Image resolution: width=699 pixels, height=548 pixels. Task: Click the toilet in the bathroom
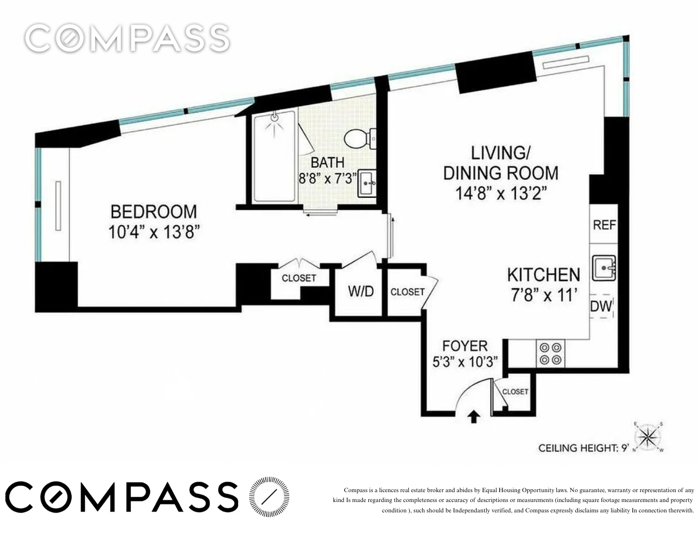pos(360,139)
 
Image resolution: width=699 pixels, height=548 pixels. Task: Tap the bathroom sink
pos(367,183)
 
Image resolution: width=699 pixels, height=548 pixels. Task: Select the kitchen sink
pos(604,268)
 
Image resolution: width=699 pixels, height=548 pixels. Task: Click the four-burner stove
pos(550,354)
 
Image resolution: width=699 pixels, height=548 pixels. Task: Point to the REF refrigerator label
pos(604,225)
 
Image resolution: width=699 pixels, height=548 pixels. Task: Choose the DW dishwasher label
pos(601,306)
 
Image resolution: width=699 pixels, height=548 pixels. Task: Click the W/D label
pos(360,291)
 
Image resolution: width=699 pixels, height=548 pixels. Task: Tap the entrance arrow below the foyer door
pos(473,417)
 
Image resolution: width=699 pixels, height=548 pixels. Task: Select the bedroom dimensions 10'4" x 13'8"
pos(154,232)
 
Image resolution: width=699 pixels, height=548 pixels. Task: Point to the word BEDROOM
pos(154,212)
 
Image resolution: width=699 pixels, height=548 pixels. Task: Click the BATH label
pos(327,163)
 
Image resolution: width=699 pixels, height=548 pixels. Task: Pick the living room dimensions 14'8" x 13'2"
pos(501,194)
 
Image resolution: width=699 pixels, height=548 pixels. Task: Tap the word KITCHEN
pos(544,274)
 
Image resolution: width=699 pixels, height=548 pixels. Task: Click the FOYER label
pos(465,346)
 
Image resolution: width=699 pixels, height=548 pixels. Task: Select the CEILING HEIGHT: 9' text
pos(583,448)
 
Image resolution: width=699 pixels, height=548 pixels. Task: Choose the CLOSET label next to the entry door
pos(515,392)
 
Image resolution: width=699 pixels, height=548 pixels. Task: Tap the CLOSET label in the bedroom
pos(299,278)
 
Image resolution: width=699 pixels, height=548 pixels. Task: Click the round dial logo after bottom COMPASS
pos(269,497)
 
